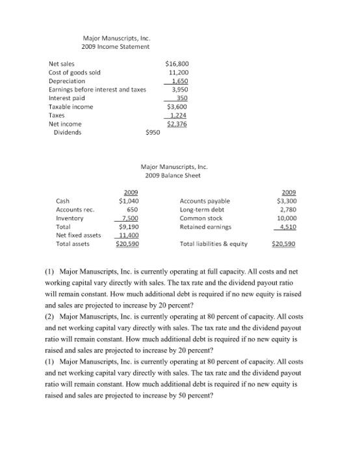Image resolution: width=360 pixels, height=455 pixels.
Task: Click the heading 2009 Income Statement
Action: [x=116, y=47]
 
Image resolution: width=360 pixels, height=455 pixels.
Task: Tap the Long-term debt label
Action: [x=201, y=210]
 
